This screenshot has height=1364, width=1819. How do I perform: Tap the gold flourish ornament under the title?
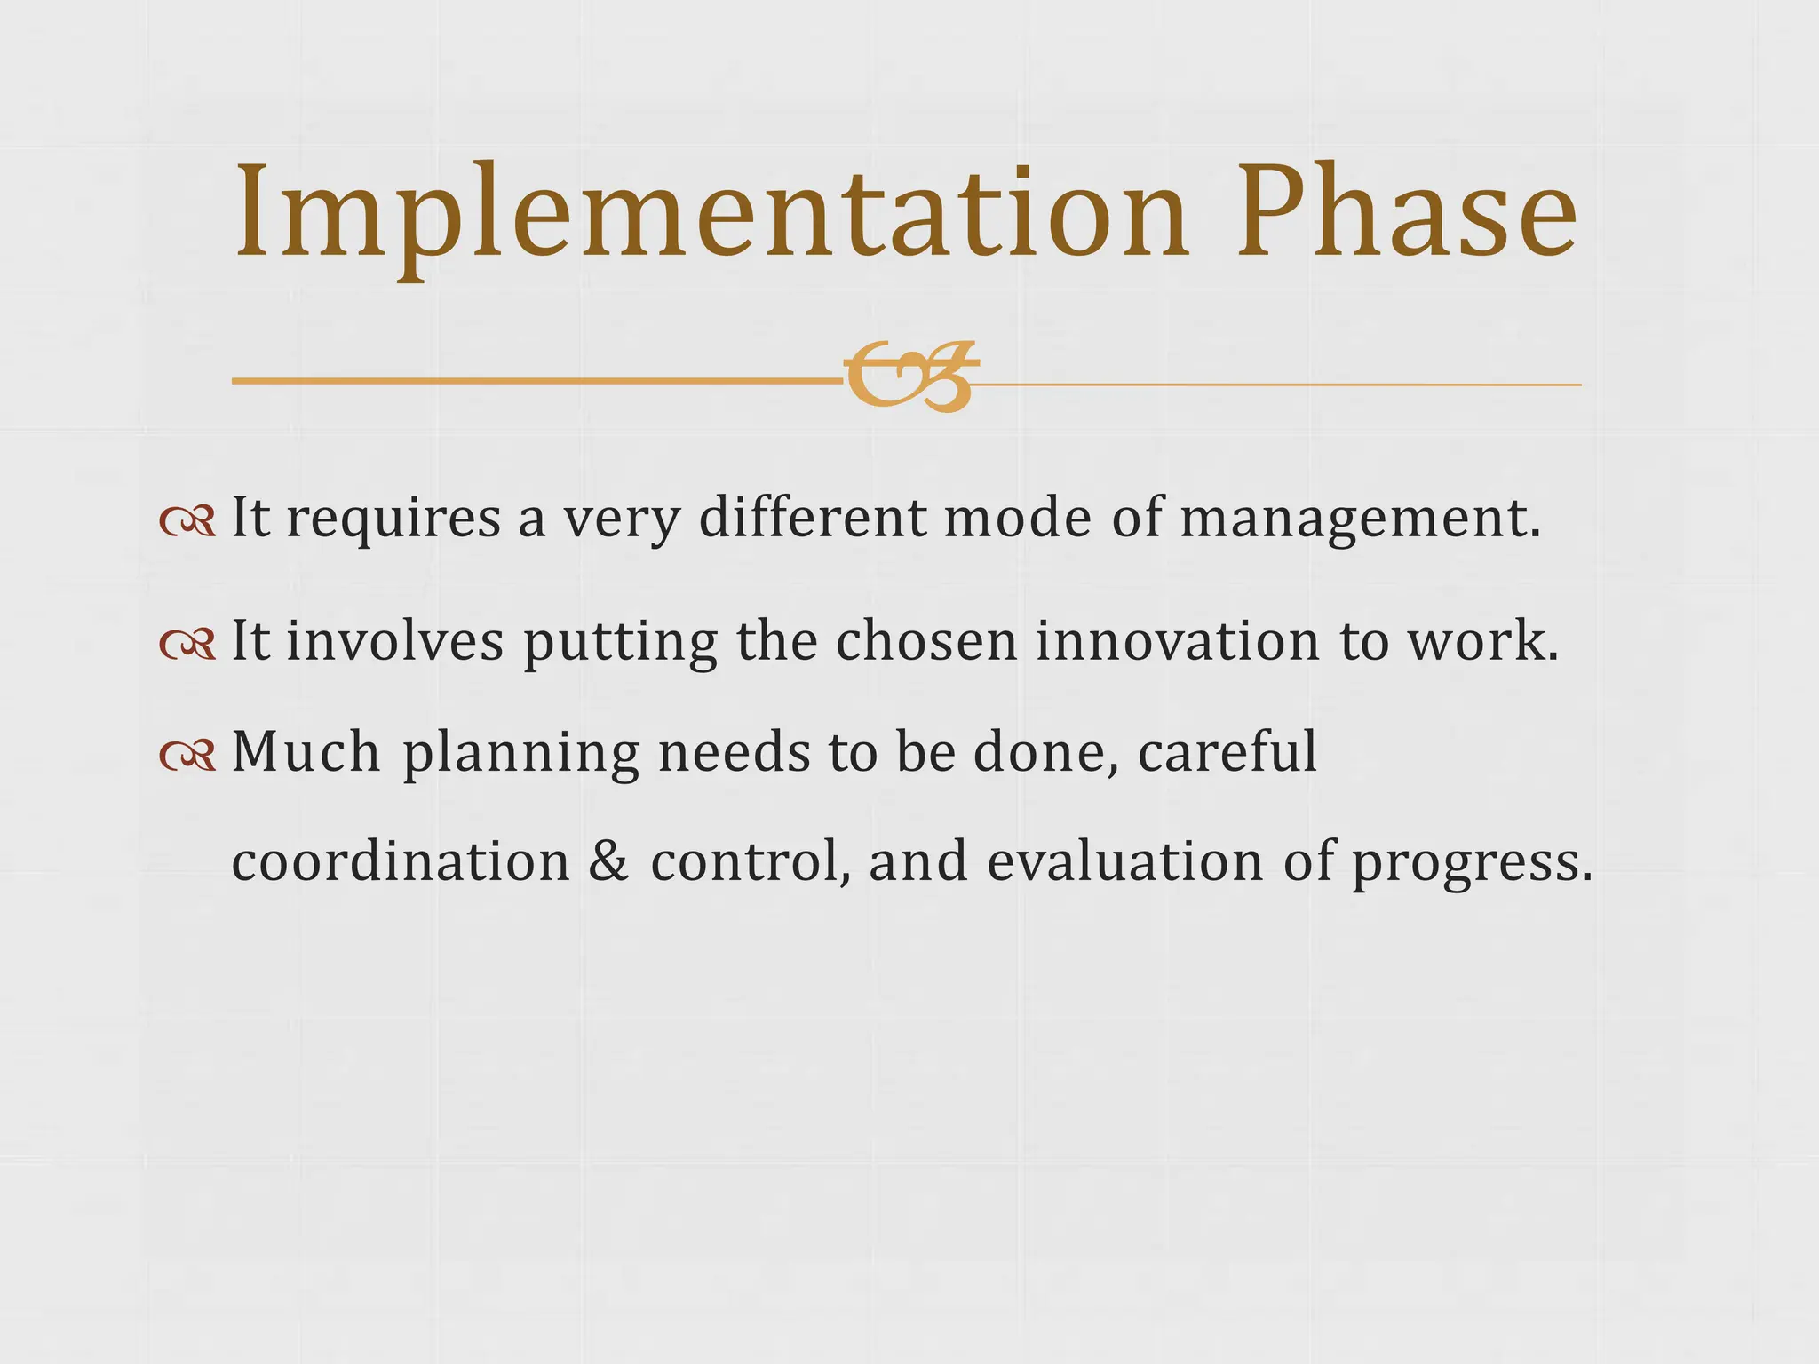[x=910, y=377]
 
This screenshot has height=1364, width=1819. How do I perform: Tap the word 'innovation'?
[x=1178, y=641]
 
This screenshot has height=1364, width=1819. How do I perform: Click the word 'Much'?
[x=306, y=752]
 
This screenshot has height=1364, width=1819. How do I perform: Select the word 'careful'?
[x=1227, y=752]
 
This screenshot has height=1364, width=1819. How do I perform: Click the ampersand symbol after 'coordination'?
[x=608, y=861]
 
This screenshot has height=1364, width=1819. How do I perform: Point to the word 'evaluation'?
[x=1124, y=861]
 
